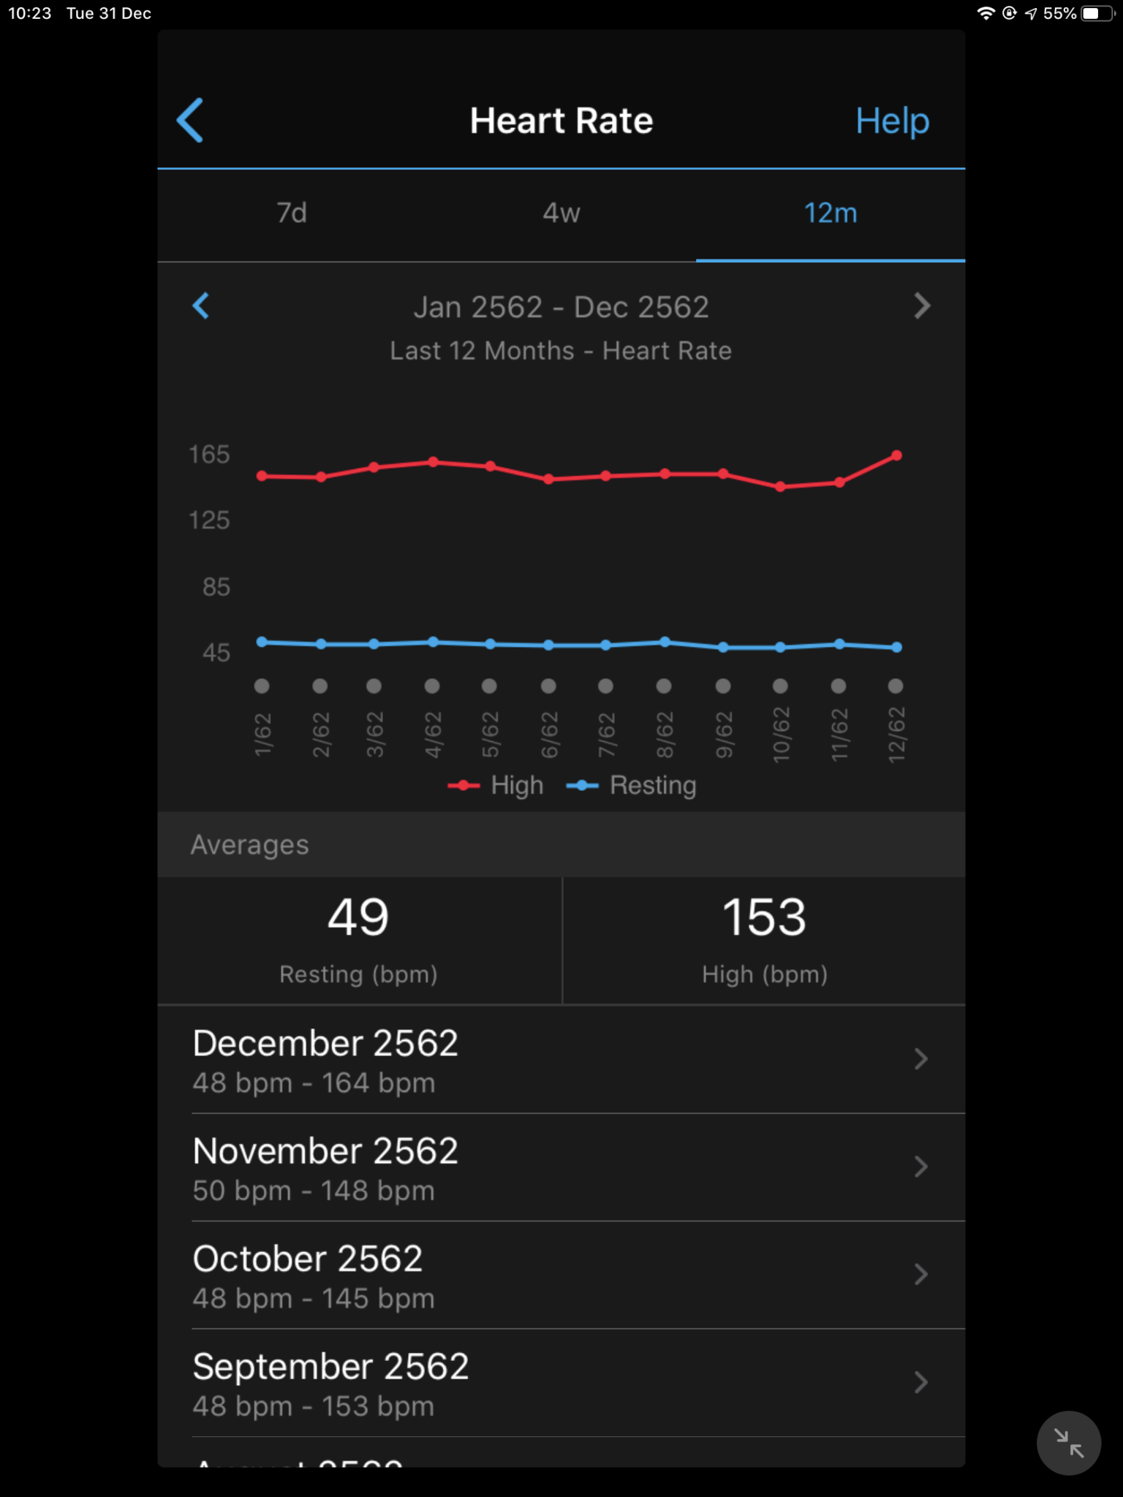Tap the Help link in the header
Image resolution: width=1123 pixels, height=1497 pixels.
pos(892,121)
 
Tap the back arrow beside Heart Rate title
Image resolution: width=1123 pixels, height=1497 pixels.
pos(190,121)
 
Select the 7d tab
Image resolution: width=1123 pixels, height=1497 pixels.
pos(292,213)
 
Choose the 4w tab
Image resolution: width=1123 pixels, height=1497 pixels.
pos(561,213)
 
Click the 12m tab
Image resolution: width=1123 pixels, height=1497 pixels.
pos(830,213)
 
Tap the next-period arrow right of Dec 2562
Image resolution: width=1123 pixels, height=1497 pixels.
pos(922,306)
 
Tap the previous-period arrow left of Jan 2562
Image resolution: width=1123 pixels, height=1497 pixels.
pos(201,306)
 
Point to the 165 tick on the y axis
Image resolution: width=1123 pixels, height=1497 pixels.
pos(210,455)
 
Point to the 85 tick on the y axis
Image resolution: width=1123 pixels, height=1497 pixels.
pos(216,587)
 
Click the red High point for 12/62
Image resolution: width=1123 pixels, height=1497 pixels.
pos(897,456)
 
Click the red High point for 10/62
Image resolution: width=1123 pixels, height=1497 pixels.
pos(780,487)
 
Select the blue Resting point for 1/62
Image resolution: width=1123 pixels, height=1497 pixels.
pos(262,642)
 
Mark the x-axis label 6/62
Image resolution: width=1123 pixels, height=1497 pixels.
pos(549,734)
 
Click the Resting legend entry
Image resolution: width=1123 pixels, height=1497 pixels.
pos(632,786)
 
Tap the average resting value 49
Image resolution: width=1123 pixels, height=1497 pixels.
pos(358,917)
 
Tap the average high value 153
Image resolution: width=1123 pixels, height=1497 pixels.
pos(764,917)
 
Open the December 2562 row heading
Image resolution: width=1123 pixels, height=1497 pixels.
pos(325,1043)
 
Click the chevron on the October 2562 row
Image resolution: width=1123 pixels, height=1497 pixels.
pos(921,1275)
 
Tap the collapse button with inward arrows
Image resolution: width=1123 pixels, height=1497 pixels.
pos(1068,1443)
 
